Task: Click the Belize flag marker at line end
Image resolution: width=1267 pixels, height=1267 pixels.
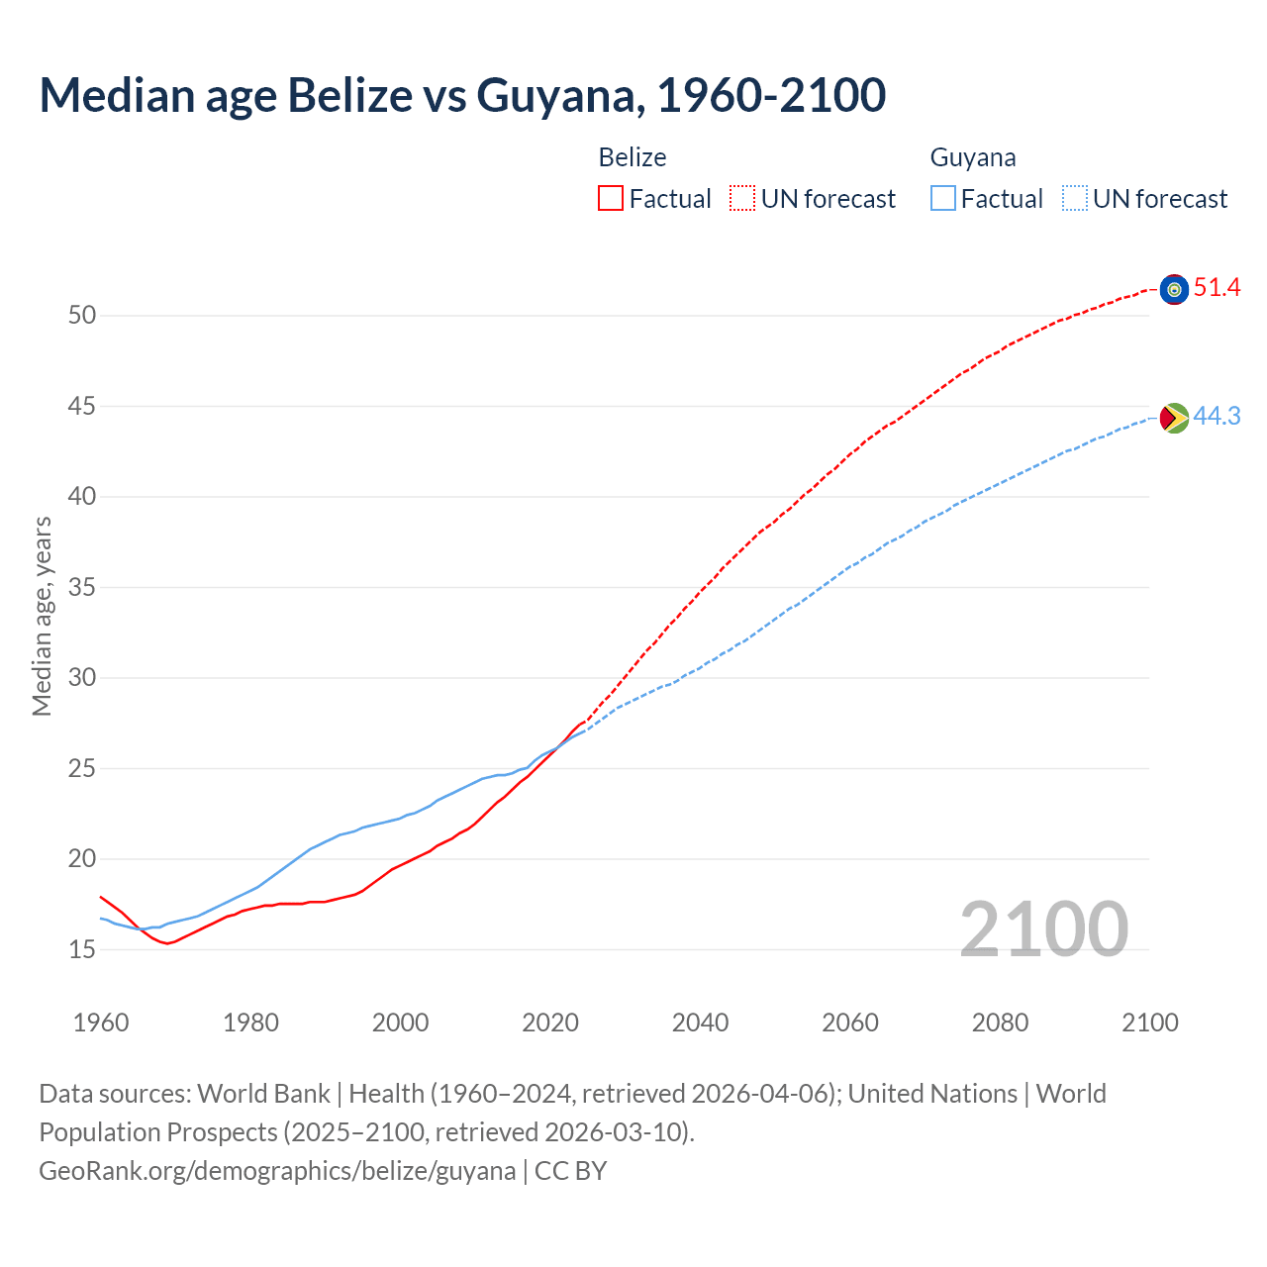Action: point(1174,289)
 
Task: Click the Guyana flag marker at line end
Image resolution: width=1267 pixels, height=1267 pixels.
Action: point(1174,418)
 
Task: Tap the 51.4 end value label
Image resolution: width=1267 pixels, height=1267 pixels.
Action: point(1217,288)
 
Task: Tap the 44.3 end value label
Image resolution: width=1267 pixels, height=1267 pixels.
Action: point(1217,417)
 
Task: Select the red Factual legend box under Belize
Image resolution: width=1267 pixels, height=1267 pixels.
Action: point(611,199)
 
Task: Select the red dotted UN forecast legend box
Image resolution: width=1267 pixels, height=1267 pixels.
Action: point(742,199)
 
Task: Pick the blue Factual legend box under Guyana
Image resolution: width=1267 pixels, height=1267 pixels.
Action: point(943,199)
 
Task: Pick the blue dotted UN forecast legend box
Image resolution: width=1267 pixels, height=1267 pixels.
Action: point(1075,199)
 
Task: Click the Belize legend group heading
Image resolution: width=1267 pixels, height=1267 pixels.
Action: point(633,157)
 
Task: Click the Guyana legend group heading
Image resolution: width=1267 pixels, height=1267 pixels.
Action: point(973,157)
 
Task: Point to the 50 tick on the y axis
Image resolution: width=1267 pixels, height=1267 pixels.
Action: point(82,316)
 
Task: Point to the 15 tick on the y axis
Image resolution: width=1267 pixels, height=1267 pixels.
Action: point(82,949)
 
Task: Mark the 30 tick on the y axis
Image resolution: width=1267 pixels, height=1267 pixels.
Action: point(82,678)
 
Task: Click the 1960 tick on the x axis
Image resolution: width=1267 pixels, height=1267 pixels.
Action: point(101,1023)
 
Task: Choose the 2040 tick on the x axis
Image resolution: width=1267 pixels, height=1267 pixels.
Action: point(700,1023)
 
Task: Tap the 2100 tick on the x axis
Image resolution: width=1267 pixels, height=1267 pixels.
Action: point(1150,1023)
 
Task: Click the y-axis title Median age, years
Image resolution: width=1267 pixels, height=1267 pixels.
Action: point(42,616)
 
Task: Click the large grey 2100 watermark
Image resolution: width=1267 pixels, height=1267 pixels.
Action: point(1044,929)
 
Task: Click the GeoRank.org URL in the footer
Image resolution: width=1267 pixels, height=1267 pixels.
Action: point(277,1171)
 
